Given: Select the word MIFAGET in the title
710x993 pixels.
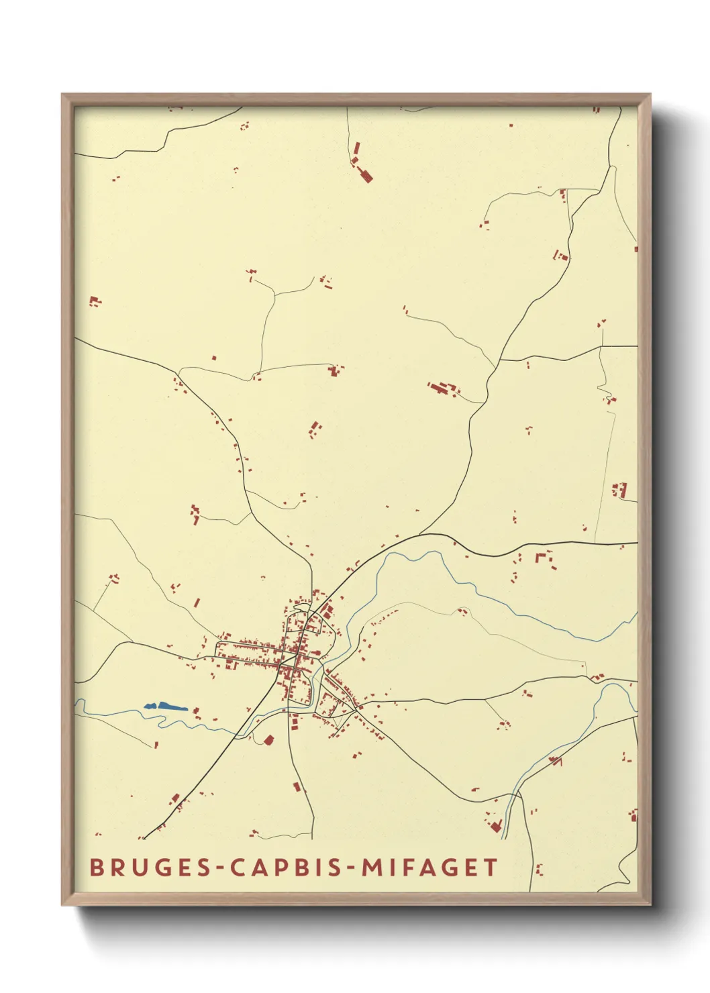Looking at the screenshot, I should (x=430, y=868).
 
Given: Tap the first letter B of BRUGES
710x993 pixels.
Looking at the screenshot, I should (x=96, y=868).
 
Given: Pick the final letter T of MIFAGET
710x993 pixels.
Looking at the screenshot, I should (x=491, y=868).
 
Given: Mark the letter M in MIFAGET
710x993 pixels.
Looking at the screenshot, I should (x=372, y=868).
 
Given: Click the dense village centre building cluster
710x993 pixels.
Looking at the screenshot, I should (x=295, y=654).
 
